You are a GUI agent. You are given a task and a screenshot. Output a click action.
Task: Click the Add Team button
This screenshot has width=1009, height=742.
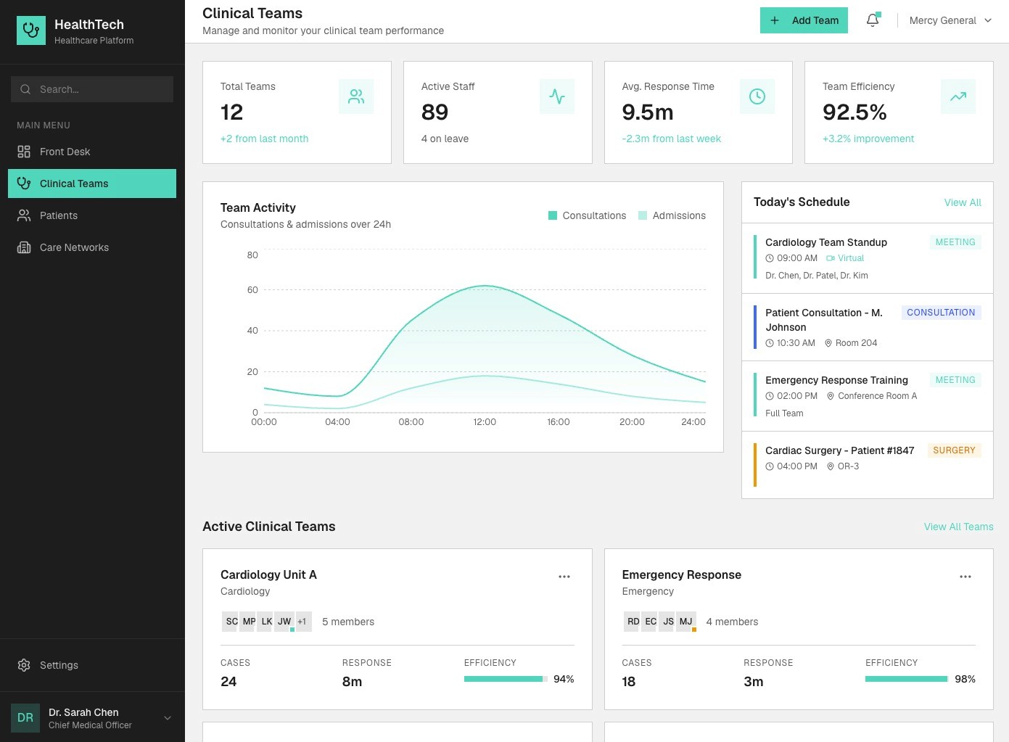tap(804, 20)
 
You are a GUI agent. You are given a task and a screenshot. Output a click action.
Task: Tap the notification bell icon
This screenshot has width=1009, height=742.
tap(873, 20)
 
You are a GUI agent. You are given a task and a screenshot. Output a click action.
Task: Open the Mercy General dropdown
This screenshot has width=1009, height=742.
tap(950, 20)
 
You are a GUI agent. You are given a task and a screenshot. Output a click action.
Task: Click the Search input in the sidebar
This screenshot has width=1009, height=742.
tap(92, 89)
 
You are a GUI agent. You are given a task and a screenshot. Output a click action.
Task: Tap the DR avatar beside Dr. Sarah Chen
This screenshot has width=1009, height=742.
tap(25, 717)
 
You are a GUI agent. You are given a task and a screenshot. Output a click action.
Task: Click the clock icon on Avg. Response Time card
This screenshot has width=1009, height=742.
tap(757, 96)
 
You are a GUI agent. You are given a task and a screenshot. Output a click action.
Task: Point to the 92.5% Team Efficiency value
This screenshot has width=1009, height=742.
tap(854, 112)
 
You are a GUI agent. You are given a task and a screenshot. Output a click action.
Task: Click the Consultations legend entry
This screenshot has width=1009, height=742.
tap(587, 215)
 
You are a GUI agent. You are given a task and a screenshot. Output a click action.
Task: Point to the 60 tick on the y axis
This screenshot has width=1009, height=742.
tap(252, 289)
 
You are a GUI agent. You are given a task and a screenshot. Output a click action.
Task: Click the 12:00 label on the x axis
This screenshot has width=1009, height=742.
tap(485, 421)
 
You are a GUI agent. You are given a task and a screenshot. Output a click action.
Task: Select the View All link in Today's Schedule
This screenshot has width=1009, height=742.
tap(963, 202)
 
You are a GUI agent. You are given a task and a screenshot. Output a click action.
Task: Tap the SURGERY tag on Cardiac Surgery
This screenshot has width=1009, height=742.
tap(954, 450)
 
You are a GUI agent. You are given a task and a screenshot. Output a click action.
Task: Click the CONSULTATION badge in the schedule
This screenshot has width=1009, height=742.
tap(941, 312)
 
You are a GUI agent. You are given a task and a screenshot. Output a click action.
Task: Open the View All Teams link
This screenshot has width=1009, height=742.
tap(958, 527)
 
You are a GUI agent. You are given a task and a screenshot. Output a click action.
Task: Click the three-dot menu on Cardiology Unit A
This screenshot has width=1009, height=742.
tap(564, 577)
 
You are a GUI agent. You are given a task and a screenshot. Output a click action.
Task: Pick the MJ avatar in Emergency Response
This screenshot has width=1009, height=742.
tap(686, 622)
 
